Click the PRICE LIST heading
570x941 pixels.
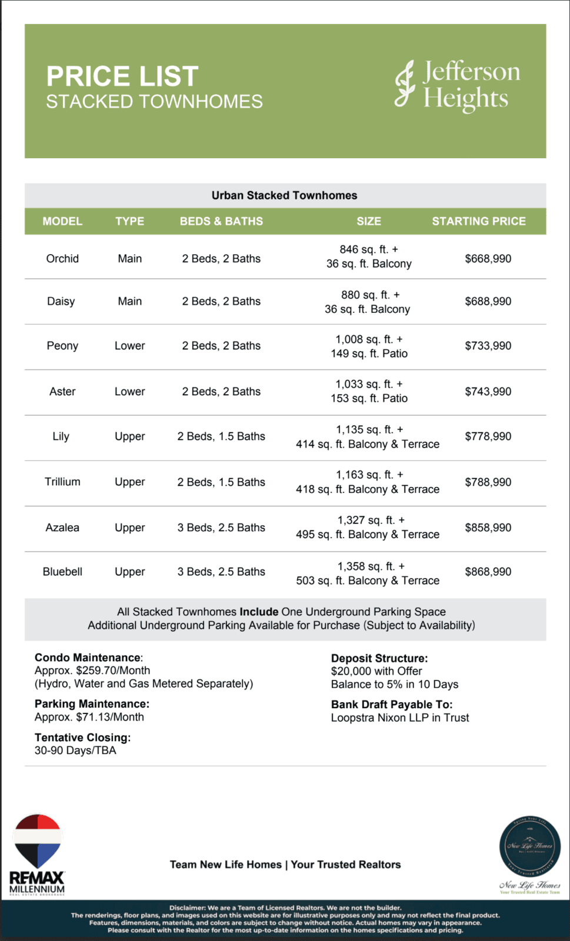pyautogui.click(x=122, y=76)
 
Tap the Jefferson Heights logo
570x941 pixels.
pyautogui.click(x=457, y=86)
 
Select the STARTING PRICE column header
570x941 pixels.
pyautogui.click(x=478, y=221)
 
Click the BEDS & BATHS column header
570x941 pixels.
pyautogui.click(x=221, y=221)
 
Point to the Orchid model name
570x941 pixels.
pyautogui.click(x=62, y=259)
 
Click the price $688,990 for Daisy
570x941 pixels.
pyautogui.click(x=488, y=301)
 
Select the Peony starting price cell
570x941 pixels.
pyautogui.click(x=488, y=346)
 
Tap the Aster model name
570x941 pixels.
pyautogui.click(x=62, y=392)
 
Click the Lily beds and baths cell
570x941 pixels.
pyautogui.click(x=221, y=436)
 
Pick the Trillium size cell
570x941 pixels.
pyautogui.click(x=368, y=482)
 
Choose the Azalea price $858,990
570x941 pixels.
pyautogui.click(x=488, y=528)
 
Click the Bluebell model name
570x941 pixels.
pyautogui.click(x=62, y=572)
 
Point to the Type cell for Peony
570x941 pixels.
pyautogui.click(x=129, y=346)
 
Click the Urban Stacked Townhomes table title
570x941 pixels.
pyautogui.click(x=284, y=195)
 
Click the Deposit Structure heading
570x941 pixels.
pyautogui.click(x=379, y=658)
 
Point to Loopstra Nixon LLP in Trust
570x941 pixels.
pyautogui.click(x=400, y=718)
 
